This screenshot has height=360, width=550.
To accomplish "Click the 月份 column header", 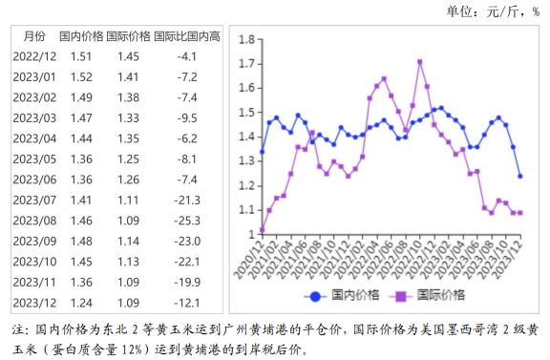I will [33, 36].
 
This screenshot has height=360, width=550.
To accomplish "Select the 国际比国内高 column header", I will [187, 36].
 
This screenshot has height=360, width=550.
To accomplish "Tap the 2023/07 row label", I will [33, 201].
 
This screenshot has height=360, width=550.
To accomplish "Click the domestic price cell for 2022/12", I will [82, 56].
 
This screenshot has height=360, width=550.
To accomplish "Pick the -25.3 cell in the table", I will [186, 221].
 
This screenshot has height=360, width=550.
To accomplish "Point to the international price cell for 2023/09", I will [128, 242].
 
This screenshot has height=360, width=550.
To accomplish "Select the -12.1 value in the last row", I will [186, 303].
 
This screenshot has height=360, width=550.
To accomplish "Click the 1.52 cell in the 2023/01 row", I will [82, 77].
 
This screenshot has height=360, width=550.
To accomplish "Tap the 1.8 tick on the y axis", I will [246, 39].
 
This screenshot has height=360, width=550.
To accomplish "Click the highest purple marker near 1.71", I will [420, 62].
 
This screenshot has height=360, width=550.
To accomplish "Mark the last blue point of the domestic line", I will [519, 176].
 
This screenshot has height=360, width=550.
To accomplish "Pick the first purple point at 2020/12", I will [262, 230].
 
